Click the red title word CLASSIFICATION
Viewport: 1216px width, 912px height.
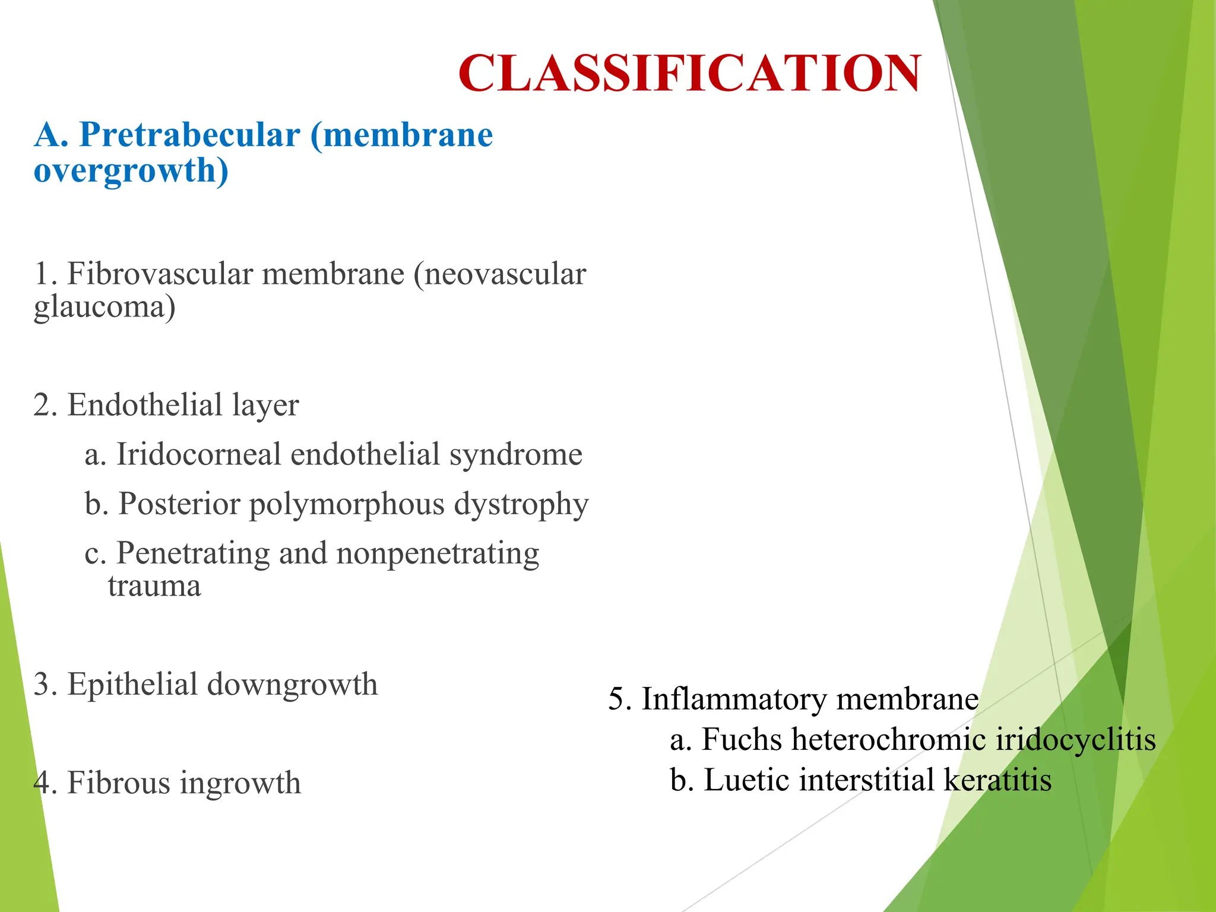(x=689, y=73)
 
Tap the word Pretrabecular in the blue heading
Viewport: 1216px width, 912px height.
(x=189, y=134)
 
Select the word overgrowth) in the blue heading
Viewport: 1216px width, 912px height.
(x=131, y=170)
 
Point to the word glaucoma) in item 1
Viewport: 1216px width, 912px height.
(x=104, y=308)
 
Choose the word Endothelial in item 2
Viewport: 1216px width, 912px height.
(x=145, y=405)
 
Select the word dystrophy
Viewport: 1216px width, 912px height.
(x=521, y=504)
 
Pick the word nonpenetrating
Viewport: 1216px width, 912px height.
(x=438, y=553)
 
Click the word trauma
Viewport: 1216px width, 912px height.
(x=154, y=586)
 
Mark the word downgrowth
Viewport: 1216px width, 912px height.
(x=292, y=684)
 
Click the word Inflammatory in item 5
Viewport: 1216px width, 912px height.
(x=734, y=699)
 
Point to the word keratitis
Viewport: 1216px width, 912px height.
(x=997, y=780)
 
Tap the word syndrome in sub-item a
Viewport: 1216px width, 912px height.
(x=515, y=454)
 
